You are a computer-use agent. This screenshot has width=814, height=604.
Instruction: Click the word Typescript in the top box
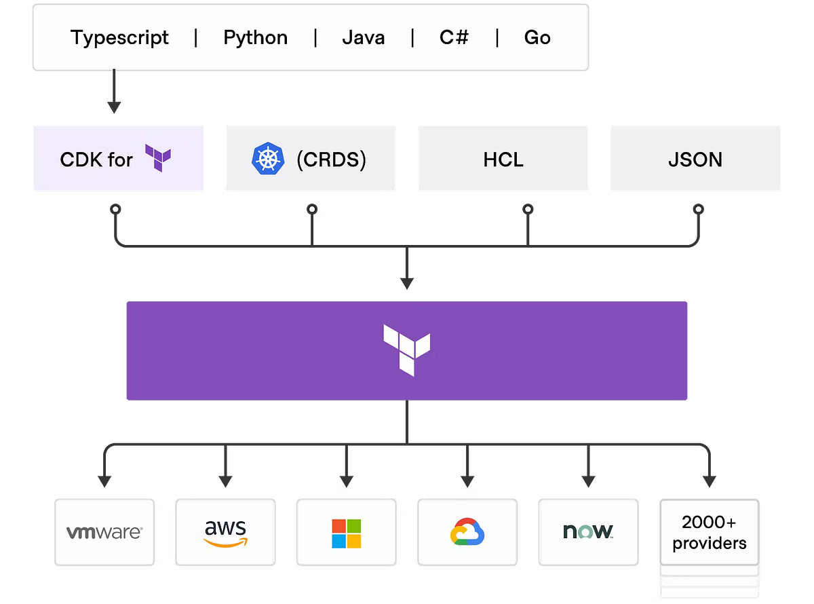119,37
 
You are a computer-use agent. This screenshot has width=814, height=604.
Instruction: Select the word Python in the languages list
255,37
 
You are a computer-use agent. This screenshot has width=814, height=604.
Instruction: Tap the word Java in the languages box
364,37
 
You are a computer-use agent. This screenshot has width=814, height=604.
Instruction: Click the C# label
454,37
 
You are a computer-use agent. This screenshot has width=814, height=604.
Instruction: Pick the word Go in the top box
537,37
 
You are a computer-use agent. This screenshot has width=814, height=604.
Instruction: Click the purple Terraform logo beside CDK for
158,158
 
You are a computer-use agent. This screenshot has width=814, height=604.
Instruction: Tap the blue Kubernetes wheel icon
266,159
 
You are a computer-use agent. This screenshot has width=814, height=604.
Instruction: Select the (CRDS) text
332,159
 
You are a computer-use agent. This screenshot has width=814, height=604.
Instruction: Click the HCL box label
503,159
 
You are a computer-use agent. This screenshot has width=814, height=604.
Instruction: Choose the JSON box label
695,159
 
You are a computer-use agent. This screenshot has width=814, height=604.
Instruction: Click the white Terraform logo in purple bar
406,349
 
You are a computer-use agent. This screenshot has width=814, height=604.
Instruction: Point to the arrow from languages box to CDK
114,92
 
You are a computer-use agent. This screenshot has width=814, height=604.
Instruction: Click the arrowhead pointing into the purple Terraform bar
406,282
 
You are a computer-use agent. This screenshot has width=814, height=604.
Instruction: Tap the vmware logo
104,532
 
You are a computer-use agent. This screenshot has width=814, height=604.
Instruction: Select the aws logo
225,533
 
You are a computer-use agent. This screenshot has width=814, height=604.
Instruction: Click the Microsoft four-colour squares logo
346,533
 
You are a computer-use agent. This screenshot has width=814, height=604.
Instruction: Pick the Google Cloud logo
467,532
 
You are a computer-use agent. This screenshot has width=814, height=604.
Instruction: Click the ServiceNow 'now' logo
587,531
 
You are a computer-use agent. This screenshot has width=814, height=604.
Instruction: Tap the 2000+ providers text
710,533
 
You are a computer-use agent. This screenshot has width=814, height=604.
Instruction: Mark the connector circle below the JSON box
697,210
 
